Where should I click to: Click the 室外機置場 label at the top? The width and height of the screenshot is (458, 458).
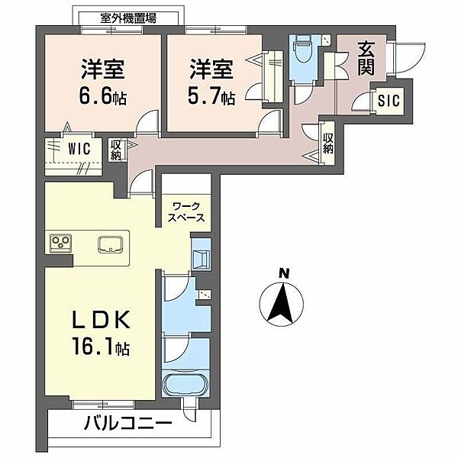point(128,17)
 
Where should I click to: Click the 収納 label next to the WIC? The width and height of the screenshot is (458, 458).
point(116,149)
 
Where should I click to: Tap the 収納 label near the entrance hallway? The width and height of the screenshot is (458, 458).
point(328,144)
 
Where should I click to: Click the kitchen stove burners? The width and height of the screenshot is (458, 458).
point(60,244)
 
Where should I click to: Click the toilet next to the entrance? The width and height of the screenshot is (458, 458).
point(302,52)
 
